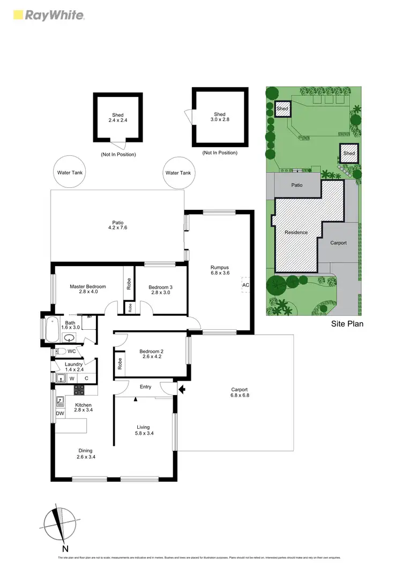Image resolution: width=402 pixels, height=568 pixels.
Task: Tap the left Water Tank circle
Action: point(70,173)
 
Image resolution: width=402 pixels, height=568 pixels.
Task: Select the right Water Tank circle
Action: point(178,173)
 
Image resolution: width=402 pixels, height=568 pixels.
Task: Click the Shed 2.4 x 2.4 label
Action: point(117,118)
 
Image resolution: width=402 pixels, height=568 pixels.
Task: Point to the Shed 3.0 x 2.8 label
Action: point(220,117)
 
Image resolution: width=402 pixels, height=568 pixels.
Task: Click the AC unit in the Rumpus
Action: point(246,285)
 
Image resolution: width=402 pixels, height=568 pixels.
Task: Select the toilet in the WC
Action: point(62,351)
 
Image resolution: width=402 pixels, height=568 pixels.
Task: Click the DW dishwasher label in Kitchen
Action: point(59,414)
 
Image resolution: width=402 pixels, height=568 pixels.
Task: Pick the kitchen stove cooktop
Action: point(80,391)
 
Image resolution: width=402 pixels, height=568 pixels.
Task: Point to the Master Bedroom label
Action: point(88,290)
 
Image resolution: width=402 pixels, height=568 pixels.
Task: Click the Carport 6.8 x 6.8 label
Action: point(240,392)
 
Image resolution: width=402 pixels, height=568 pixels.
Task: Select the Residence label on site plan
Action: point(296,232)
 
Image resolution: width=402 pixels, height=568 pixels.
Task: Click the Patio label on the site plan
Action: point(297,185)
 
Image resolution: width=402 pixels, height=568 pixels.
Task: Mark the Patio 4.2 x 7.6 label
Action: point(117,224)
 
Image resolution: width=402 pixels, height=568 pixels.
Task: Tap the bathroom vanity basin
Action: point(69,338)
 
